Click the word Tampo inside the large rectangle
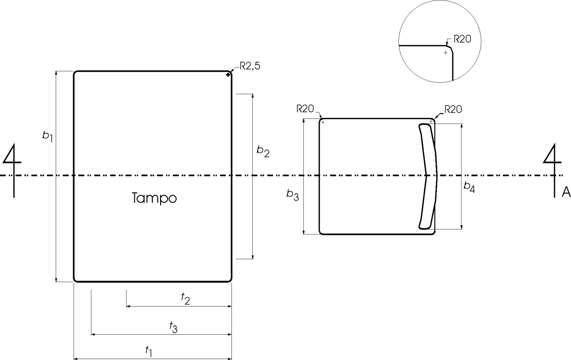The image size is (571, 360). (154, 198)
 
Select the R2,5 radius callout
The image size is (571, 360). (250, 66)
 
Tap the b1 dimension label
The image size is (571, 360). (47, 136)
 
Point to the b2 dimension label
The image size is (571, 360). (263, 151)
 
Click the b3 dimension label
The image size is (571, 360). (292, 195)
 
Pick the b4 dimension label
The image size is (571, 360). (469, 187)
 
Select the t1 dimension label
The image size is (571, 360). (148, 351)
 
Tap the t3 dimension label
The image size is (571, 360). (173, 327)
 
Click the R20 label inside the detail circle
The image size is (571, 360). (462, 39)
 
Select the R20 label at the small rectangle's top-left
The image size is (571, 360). (305, 109)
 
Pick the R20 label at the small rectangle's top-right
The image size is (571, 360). (453, 110)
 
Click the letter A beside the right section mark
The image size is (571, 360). (566, 192)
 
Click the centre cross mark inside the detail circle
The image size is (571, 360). (445, 53)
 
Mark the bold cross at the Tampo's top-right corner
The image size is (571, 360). (228, 75)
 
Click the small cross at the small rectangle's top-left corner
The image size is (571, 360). (323, 122)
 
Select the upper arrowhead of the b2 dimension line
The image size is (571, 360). (253, 96)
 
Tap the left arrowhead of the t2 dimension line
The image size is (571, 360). (129, 306)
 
